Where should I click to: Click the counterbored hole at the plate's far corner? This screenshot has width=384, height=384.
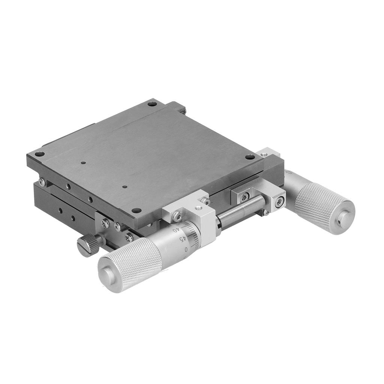(152, 103)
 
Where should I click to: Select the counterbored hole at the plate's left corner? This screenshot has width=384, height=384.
(40, 154)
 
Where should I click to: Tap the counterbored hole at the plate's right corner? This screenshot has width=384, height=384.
(250, 157)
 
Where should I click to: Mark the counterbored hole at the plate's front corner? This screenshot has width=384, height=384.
(137, 210)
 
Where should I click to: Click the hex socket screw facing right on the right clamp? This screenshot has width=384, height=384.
(279, 202)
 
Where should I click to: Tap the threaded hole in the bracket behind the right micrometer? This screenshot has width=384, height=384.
(264, 154)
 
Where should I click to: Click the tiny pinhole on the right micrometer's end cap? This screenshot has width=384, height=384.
(339, 222)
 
